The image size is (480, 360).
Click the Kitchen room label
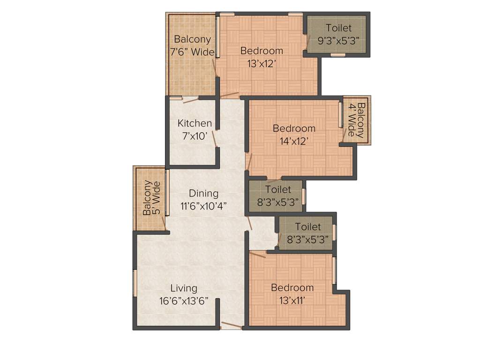coord(195,123)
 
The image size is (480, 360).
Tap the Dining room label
coord(203,193)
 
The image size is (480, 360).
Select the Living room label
coord(184,288)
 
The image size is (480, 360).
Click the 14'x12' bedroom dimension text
coord(294,141)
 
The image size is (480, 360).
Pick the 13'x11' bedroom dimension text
coord(292,300)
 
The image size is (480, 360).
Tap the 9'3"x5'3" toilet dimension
coord(338,41)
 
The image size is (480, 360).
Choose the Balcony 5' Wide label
coord(151,198)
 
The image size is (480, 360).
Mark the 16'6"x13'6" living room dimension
coord(184,301)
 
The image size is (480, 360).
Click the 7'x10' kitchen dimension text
coord(195,136)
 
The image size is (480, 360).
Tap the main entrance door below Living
coord(231,325)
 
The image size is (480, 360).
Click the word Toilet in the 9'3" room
coord(338,29)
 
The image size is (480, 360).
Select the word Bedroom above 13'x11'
coord(292,287)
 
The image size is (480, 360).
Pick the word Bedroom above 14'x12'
coord(294,128)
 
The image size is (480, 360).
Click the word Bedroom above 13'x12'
coord(262,51)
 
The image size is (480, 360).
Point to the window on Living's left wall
coord(135,283)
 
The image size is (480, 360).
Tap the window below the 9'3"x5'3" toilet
coord(337,55)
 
